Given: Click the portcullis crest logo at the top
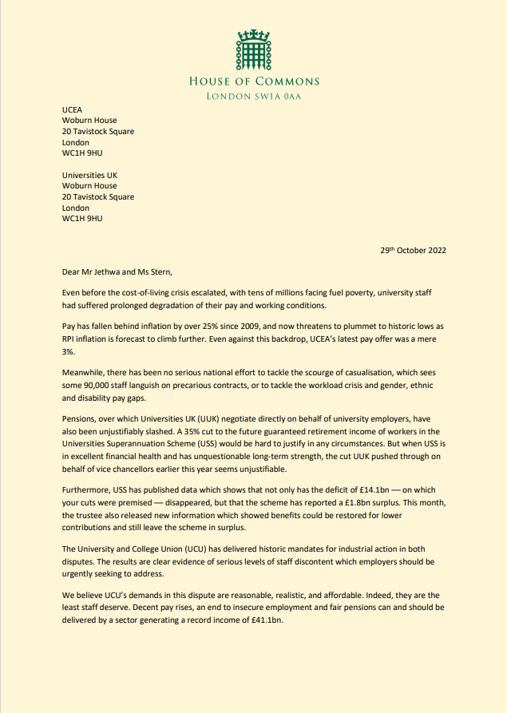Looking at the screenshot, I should coord(253,50).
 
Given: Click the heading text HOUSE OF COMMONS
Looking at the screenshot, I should coord(254,81).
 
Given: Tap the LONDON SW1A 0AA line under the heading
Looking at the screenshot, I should coord(254,97).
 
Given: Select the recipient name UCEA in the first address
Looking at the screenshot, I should coord(73,110).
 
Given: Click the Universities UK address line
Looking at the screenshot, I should coord(90,175).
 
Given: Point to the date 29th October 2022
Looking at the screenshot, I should coord(413,250).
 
